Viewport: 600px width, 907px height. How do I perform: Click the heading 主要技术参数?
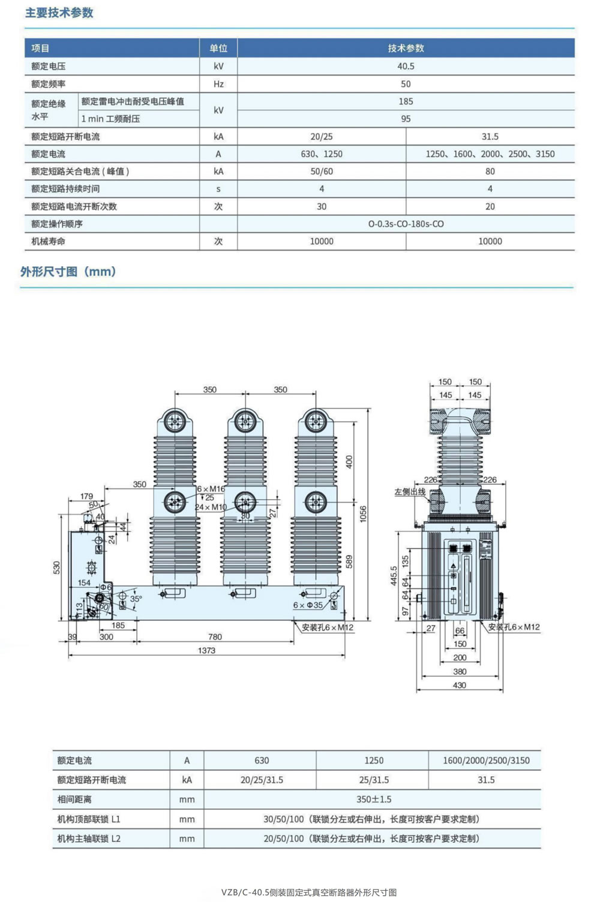[x=59, y=13]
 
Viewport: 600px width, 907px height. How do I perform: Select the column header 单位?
[x=218, y=48]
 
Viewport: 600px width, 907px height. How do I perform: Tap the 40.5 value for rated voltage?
[x=406, y=66]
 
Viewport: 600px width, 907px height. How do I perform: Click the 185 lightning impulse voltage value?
[x=406, y=101]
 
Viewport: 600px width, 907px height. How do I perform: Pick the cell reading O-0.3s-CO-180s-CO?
[x=406, y=224]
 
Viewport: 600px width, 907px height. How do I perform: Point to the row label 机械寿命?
[x=49, y=241]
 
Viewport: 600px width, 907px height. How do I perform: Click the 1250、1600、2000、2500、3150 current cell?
[x=490, y=154]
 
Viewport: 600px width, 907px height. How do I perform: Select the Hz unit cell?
[x=218, y=84]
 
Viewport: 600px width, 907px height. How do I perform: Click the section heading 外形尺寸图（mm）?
[x=68, y=271]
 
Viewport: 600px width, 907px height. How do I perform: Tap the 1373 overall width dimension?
[x=206, y=650]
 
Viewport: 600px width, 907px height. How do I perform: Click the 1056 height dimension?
[x=363, y=514]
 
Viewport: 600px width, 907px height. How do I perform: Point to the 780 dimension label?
[x=215, y=637]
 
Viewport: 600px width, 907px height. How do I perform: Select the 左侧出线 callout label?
[x=410, y=492]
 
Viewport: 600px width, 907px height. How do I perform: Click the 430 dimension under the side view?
[x=459, y=685]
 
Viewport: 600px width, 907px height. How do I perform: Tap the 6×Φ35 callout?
[x=308, y=605]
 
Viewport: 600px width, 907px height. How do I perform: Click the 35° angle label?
[x=136, y=599]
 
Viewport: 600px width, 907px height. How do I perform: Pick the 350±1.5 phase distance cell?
[x=374, y=799]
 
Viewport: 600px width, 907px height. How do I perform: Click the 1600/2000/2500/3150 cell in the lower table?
[x=486, y=761]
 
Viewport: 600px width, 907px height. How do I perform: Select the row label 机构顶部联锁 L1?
[x=89, y=819]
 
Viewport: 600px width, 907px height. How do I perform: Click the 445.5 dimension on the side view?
[x=394, y=576]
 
